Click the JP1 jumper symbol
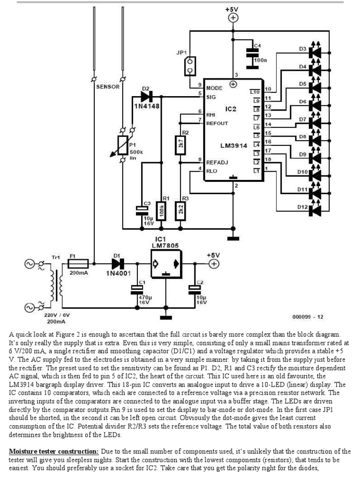(x=190, y=66)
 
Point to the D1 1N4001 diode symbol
(x=116, y=264)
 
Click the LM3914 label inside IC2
(x=233, y=146)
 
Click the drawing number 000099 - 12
(x=307, y=316)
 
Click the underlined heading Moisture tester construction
(x=54, y=451)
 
